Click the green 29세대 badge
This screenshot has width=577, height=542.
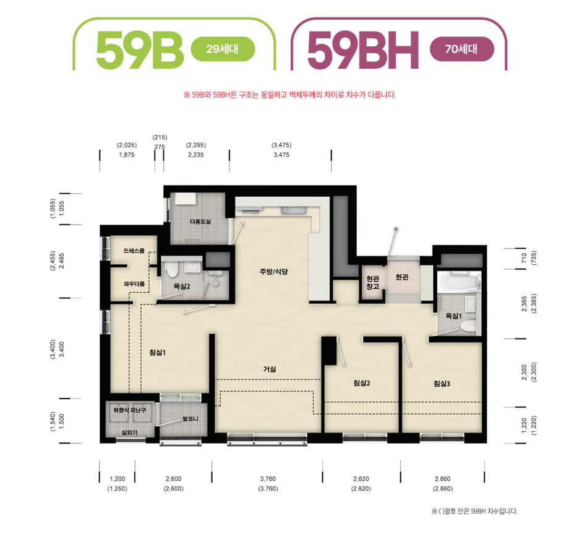coord(223,49)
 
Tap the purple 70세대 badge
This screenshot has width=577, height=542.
coord(461,49)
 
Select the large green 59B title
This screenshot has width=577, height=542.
coord(140,50)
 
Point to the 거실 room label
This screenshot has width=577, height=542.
coord(270,369)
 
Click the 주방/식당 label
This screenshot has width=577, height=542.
coord(274,272)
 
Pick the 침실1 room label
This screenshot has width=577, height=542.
coord(158,353)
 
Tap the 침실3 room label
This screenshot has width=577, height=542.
coord(442,384)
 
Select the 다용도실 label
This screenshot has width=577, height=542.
coord(200,222)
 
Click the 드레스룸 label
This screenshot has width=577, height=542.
coord(134,251)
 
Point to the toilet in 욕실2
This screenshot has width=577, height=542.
coord(172,269)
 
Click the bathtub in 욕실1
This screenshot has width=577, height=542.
coord(458,282)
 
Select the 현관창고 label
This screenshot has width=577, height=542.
coord(373,282)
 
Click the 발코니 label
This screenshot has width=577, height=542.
coord(190,419)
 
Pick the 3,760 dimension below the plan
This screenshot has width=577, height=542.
coord(268,479)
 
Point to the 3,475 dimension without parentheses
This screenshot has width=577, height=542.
coord(281,155)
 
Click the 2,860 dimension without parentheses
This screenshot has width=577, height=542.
coord(443,479)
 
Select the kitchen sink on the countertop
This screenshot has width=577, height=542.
coord(294,210)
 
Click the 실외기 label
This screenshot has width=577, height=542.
coord(129,432)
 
